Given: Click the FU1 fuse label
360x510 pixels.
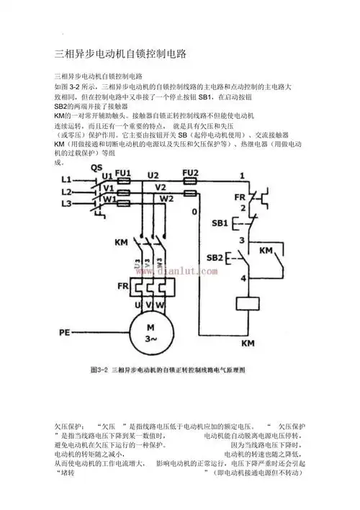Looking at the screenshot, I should pyautogui.click(x=122, y=174).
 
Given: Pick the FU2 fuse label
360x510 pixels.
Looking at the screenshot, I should pyautogui.click(x=190, y=174).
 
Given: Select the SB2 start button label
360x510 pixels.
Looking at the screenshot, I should pyautogui.click(x=215, y=257).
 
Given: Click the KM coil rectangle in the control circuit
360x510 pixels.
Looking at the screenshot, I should pyautogui.click(x=247, y=304).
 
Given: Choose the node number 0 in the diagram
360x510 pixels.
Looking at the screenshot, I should pyautogui.click(x=194, y=212).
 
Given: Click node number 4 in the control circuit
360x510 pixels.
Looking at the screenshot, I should pyautogui.click(x=243, y=277).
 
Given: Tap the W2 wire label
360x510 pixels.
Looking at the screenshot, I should pyautogui.click(x=166, y=199).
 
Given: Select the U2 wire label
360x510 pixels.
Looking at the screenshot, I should pyautogui.click(x=153, y=175).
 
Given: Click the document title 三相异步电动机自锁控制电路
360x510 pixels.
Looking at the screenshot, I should pyautogui.click(x=121, y=54).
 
